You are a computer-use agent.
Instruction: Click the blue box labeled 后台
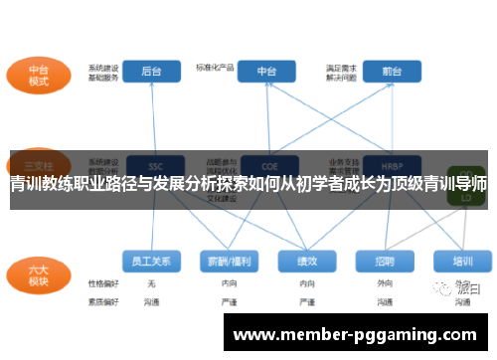pos(153,72)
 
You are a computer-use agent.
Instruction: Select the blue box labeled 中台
pos(267,72)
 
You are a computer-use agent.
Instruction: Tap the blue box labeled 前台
pos(378,72)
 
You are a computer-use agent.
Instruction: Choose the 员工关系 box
pos(151,261)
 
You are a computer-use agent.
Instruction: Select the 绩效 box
pos(306,261)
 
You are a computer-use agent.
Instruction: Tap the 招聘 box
pos(384,261)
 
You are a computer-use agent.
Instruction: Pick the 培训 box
pos(461,261)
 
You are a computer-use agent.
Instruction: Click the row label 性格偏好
pos(102,283)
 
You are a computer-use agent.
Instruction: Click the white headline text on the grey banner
pos(248,183)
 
